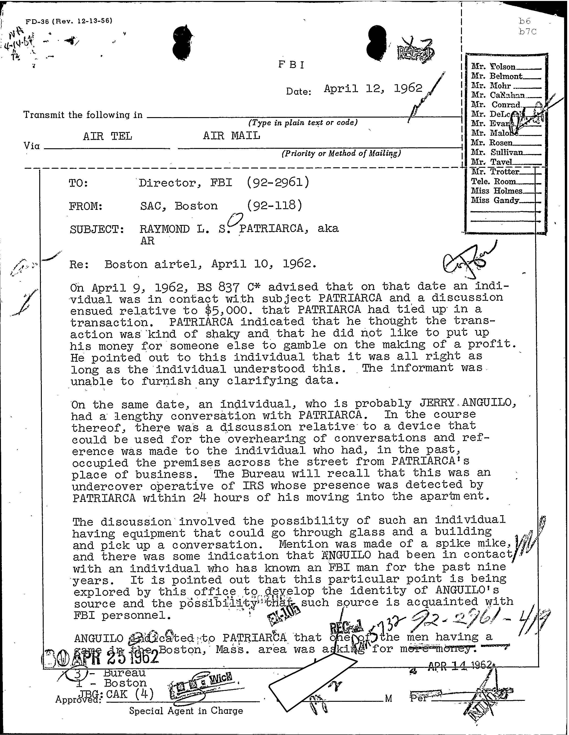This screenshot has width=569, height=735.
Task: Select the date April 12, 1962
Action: (373, 88)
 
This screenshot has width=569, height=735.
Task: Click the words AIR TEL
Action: (108, 136)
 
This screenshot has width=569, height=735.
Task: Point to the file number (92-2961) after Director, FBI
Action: (278, 182)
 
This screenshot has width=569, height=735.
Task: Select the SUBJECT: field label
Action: (97, 230)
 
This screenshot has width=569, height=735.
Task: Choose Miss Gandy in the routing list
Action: (495, 201)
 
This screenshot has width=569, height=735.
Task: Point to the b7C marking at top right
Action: (527, 32)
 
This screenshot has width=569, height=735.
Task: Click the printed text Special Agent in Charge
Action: (186, 711)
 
